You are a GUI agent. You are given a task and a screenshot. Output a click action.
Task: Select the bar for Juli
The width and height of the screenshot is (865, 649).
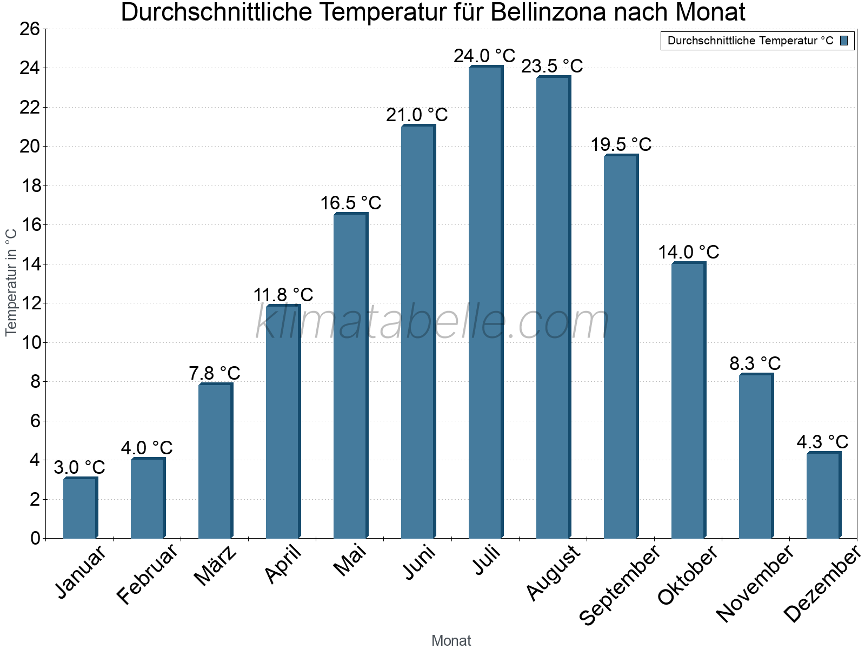tap(485, 303)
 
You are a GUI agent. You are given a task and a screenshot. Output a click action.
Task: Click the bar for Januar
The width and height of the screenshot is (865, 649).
tap(80, 508)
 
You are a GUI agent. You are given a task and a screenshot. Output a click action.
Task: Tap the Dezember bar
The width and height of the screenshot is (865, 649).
tap(823, 495)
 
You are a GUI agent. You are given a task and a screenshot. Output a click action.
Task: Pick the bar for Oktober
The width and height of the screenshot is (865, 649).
tap(688, 400)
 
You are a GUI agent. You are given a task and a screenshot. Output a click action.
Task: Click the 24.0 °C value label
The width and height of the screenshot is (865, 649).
tap(484, 56)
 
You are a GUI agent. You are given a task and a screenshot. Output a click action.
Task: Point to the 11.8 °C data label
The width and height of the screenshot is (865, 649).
tap(283, 295)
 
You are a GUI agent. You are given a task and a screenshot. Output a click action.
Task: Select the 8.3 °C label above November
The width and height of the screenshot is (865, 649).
tap(755, 363)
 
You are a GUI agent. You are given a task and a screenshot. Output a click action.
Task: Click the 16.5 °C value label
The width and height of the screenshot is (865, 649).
tap(351, 203)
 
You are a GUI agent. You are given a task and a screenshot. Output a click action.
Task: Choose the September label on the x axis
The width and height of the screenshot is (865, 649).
tap(620, 584)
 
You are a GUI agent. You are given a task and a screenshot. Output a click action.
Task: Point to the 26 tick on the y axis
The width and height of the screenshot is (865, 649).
tap(30, 29)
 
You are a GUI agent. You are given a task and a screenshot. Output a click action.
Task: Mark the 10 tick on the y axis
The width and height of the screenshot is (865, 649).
tap(30, 342)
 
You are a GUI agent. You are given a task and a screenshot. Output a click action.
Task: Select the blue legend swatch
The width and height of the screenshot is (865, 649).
tap(844, 41)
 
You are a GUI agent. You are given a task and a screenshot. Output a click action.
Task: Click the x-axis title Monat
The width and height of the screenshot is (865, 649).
tap(451, 641)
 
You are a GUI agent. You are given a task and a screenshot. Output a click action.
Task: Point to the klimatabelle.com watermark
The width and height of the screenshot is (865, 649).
tap(432, 322)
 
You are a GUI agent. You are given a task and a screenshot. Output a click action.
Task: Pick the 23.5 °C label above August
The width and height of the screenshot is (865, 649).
tap(552, 66)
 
